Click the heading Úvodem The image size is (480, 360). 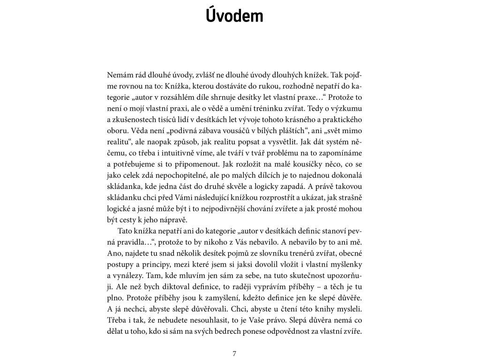coord(234,15)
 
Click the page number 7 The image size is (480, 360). coord(234,353)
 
